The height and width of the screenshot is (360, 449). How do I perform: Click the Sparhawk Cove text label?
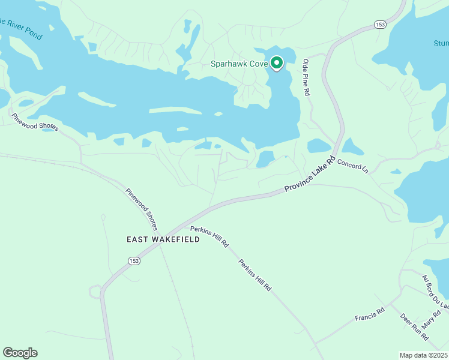point(239,64)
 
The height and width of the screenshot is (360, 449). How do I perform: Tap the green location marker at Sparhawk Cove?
point(277,62)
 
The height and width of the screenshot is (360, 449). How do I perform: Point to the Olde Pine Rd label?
point(306,77)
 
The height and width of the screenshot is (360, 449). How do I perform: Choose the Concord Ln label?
point(352,166)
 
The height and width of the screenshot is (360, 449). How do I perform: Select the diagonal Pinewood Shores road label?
point(142,209)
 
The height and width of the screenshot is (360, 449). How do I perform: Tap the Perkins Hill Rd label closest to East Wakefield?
point(209,237)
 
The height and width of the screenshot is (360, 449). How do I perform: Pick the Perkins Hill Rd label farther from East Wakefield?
point(255,275)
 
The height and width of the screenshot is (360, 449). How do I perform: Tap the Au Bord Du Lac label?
point(435,292)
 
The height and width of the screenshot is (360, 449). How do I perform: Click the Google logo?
point(20,353)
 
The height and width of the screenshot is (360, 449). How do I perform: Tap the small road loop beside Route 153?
point(95,292)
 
